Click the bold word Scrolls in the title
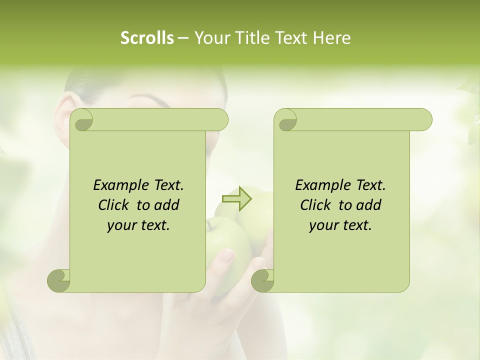(x=147, y=37)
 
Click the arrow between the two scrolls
(x=236, y=198)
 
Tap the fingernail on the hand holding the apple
(x=227, y=256)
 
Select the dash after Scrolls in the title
(x=183, y=38)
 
